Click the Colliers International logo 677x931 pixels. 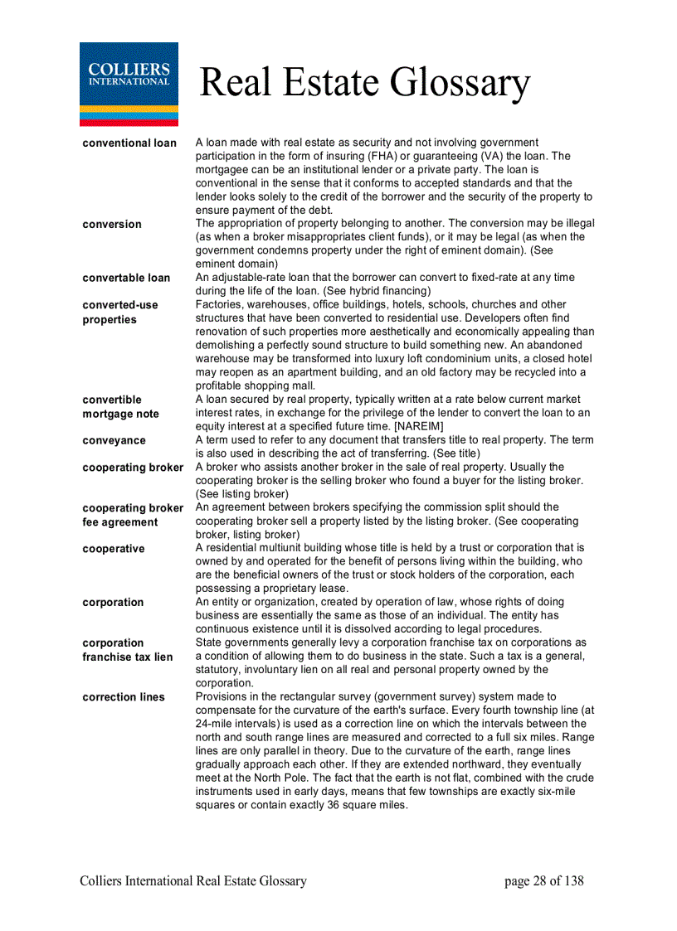pyautogui.click(x=129, y=83)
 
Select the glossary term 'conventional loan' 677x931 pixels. pyautogui.click(x=129, y=143)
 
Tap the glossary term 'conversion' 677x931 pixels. pyautogui.click(x=112, y=225)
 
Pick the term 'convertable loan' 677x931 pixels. pyautogui.click(x=126, y=279)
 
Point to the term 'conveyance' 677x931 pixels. pyautogui.click(x=114, y=441)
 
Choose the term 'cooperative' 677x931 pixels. pyautogui.click(x=113, y=549)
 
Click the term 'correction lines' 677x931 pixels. pyautogui.click(x=124, y=697)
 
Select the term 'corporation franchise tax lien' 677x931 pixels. pyautogui.click(x=128, y=650)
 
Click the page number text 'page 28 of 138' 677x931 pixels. pyautogui.click(x=543, y=881)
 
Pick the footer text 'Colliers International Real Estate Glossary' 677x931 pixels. pyautogui.click(x=193, y=881)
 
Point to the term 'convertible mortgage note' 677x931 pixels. pyautogui.click(x=120, y=407)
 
